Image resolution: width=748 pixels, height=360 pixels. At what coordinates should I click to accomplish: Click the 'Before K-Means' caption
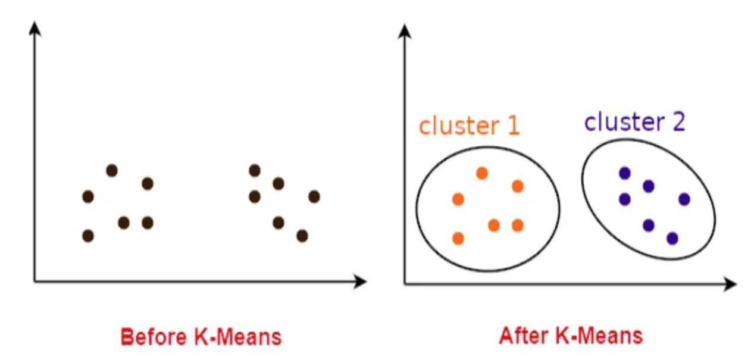[x=201, y=337]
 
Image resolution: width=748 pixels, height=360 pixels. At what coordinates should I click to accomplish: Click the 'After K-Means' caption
[x=571, y=336]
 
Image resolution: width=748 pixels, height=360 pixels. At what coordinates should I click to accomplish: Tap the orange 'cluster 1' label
[x=469, y=126]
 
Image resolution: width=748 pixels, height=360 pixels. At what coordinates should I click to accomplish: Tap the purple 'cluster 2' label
[x=634, y=122]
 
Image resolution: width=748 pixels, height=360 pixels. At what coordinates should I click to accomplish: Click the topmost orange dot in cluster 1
[x=482, y=173]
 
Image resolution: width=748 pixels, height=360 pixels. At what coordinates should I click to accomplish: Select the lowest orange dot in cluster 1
[x=458, y=238]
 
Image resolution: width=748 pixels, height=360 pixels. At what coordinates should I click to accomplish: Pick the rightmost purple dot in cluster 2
[x=684, y=199]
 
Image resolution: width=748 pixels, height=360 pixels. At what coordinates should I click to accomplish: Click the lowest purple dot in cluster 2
[x=672, y=238]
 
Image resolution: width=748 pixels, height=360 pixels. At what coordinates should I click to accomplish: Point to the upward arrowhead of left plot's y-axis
[x=35, y=26]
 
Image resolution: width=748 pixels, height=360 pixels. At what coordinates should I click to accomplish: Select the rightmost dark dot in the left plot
[x=314, y=196]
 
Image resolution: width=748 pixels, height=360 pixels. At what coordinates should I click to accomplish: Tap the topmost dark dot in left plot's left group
[x=112, y=171]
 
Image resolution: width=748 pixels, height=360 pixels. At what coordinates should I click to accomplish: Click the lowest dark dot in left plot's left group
[x=88, y=236]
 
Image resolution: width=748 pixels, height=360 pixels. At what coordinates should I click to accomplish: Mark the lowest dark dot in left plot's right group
[x=302, y=236]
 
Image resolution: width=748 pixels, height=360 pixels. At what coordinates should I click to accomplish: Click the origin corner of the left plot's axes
[x=35, y=281]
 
